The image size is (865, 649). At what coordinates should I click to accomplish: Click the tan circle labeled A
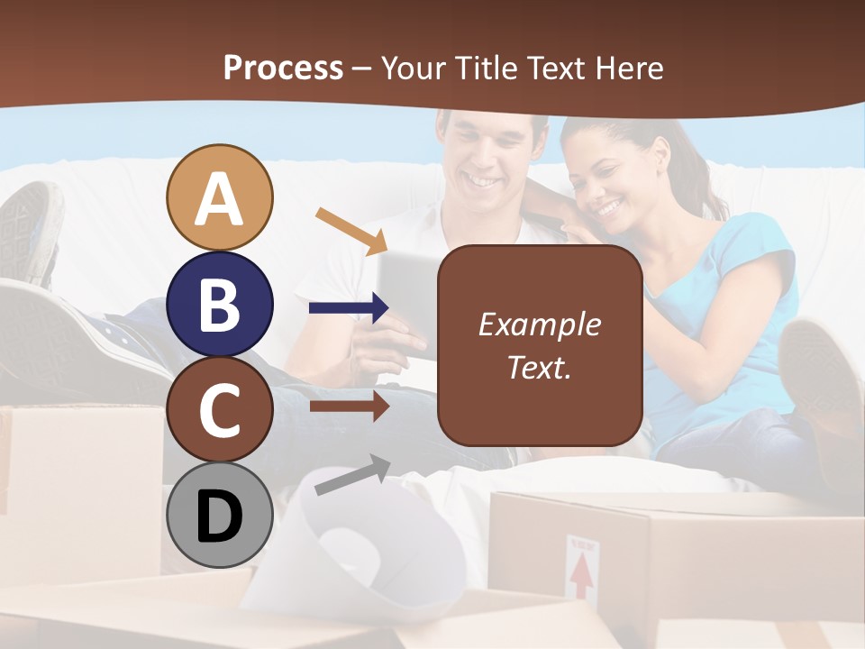220,197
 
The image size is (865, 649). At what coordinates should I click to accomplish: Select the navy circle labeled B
220,304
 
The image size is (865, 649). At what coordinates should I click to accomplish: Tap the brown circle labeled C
220,409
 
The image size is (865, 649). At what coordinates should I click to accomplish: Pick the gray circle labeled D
220,516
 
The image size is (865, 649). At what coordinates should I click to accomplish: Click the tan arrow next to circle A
351,230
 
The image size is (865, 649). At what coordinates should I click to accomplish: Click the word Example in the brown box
540,324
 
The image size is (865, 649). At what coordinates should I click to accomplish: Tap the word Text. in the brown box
540,367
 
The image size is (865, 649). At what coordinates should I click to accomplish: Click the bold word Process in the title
283,68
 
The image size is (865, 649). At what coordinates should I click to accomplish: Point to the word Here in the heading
628,68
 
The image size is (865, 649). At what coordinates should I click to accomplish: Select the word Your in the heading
415,68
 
